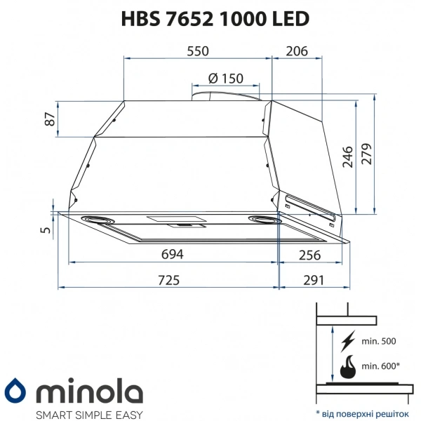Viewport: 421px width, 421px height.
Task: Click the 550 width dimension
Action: [198, 52]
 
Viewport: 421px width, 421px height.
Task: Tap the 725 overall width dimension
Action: [168, 280]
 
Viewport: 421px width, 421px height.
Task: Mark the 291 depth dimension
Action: [313, 280]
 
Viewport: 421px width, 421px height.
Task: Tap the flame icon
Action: [347, 366]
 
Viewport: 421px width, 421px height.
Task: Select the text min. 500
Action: [378, 342]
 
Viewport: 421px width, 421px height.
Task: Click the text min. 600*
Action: [380, 366]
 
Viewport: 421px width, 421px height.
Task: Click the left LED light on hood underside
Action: [99, 220]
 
